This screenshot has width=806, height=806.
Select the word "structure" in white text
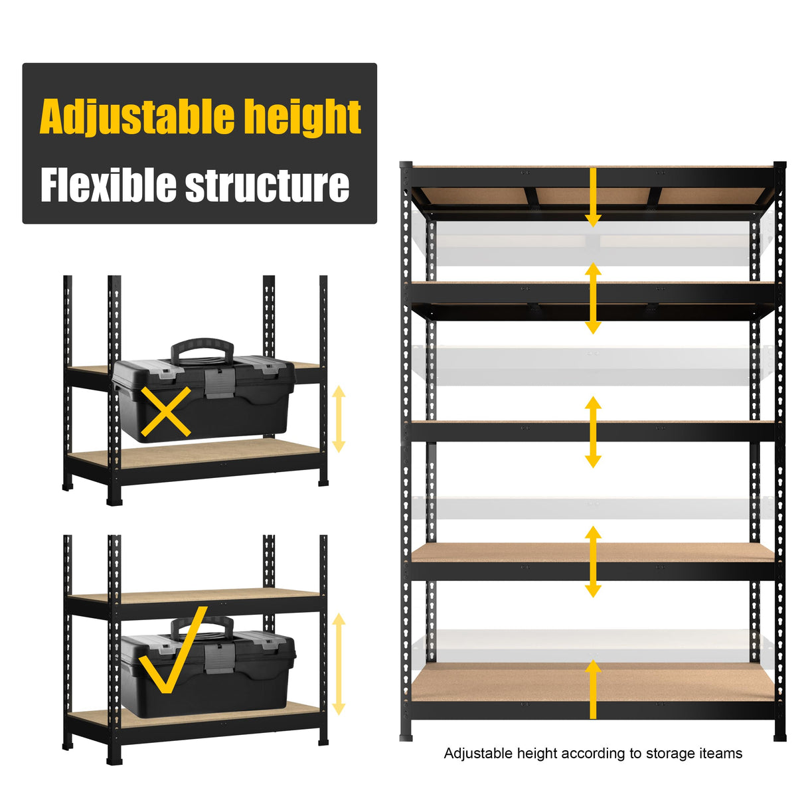pos(267,185)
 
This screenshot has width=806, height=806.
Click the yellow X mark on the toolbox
pos(166,412)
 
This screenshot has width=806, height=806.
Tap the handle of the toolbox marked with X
pos(202,348)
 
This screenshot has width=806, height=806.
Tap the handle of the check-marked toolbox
pos(202,625)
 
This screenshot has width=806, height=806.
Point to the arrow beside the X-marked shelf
pos(339,419)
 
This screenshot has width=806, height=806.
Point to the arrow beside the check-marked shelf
pos(339,664)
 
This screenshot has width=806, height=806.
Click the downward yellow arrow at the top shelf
pos(593,197)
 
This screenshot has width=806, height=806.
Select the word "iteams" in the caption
pos(720,754)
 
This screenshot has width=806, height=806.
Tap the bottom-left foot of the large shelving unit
pos(406,736)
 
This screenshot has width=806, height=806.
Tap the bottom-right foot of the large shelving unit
pos(780,736)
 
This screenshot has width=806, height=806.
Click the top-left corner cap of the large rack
pos(406,164)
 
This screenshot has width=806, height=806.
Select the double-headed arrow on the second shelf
pos(593,298)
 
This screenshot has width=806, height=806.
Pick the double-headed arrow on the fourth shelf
pos(593,562)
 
